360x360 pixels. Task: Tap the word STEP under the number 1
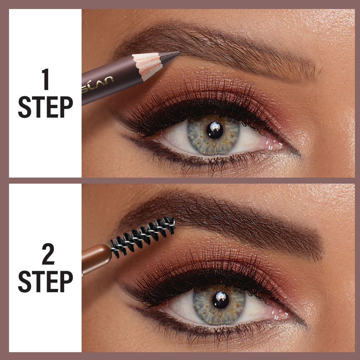coord(45,107)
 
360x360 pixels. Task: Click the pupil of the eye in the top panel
coord(215,130)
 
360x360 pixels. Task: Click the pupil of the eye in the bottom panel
coord(221,300)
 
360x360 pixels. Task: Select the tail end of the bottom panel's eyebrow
coord(313,250)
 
